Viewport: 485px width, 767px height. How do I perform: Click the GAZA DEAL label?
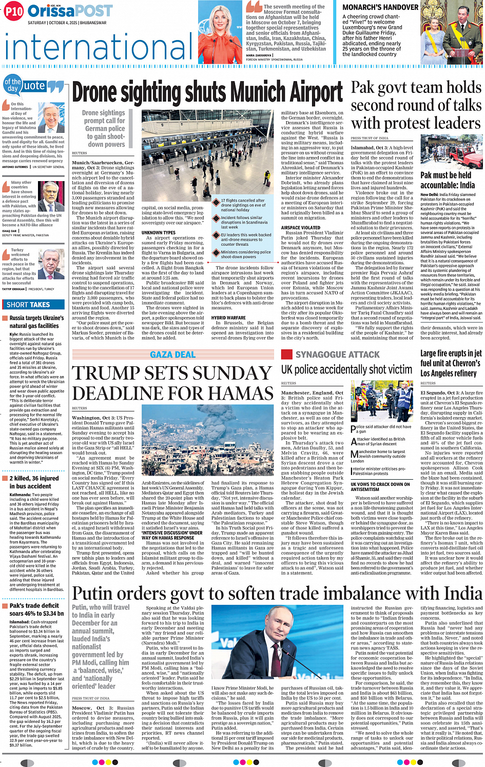click(172, 355)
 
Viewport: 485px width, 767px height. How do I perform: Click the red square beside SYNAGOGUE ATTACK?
click(287, 354)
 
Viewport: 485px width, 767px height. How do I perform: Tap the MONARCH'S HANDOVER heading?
click(380, 7)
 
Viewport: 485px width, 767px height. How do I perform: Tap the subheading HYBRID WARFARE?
click(228, 318)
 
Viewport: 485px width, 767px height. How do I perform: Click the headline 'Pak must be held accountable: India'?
click(447, 180)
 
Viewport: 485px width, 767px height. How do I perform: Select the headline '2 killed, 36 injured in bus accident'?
click(34, 482)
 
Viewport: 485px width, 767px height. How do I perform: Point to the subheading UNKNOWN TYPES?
click(159, 232)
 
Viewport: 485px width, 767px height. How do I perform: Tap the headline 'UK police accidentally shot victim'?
click(346, 369)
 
